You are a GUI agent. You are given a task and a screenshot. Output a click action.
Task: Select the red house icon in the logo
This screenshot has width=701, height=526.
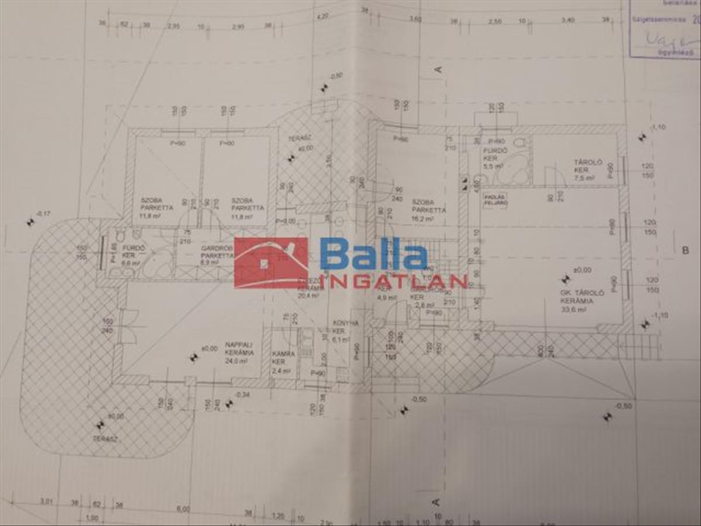[270, 262]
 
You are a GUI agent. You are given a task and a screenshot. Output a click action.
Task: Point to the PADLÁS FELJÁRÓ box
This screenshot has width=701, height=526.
[495, 200]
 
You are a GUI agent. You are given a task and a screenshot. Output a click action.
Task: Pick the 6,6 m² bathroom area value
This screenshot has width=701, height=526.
[131, 264]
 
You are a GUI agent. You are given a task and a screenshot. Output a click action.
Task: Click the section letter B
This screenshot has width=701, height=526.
[685, 251]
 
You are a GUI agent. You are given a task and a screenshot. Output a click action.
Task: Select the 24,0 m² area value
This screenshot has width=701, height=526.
[240, 361]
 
